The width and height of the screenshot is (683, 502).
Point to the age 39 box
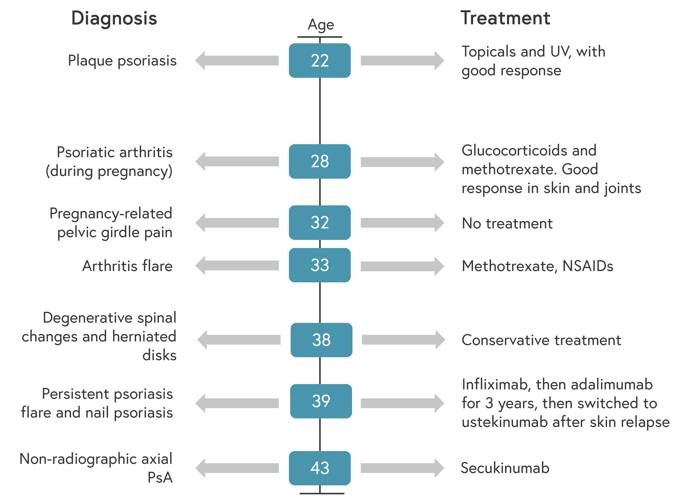[x=321, y=401]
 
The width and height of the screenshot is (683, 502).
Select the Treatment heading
[x=505, y=18]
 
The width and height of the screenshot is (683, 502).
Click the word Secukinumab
[x=505, y=468]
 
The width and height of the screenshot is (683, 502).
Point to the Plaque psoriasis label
[x=122, y=61]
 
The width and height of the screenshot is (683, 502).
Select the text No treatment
[x=507, y=223]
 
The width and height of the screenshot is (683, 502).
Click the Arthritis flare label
[x=127, y=266]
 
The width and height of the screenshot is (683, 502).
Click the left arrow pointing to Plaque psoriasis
[x=237, y=61]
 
